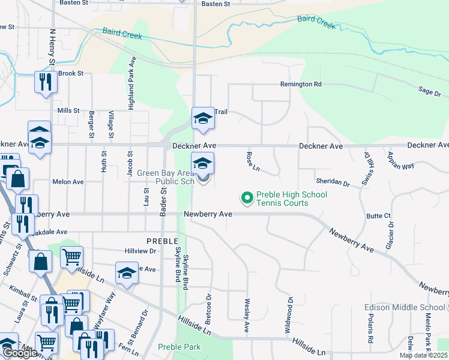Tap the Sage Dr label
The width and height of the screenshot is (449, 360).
pyautogui.click(x=429, y=91)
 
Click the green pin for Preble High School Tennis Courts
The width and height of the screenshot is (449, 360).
pyautogui.click(x=246, y=197)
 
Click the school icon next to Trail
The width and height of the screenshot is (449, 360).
pyautogui.click(x=203, y=118)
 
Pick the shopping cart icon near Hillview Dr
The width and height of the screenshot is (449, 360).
pyautogui.click(x=71, y=257)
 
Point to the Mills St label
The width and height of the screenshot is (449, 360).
pyautogui.click(x=68, y=110)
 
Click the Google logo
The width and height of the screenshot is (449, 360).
pyautogui.click(x=20, y=353)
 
